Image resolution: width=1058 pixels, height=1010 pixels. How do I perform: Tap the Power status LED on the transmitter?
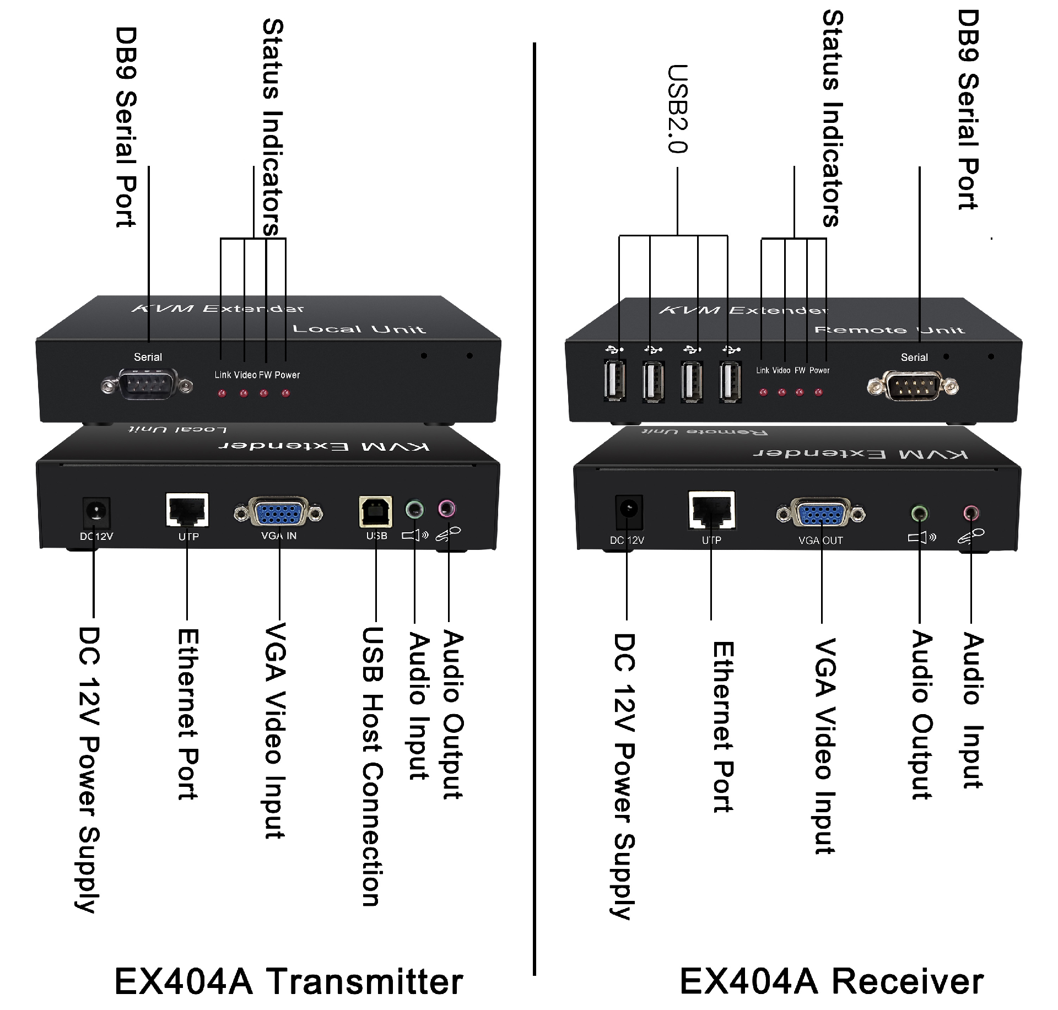(285, 393)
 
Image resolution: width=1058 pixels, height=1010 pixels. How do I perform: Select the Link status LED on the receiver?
(763, 392)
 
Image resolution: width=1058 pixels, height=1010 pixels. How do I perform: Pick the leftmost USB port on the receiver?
(614, 380)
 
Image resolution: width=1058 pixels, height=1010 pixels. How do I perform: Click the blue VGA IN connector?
(279, 512)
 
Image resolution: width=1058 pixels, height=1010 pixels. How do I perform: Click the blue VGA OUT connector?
(821, 514)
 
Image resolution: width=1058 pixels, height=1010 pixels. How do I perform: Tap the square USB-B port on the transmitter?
(376, 512)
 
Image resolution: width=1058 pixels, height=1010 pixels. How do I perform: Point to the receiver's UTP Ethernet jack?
(712, 510)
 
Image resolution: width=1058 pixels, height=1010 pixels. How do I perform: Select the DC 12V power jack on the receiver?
(628, 512)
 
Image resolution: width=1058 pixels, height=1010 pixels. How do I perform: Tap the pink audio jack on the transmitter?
(447, 509)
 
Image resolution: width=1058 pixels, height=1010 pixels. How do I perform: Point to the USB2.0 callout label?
(677, 109)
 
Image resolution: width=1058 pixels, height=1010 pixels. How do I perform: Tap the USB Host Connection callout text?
(372, 766)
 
